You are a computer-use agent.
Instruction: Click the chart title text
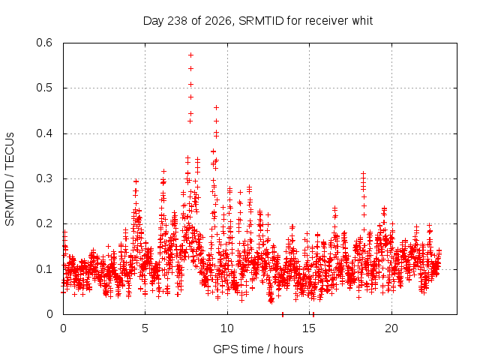click(x=258, y=21)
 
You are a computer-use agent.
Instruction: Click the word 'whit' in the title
click(x=362, y=21)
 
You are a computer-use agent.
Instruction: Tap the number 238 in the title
click(x=178, y=21)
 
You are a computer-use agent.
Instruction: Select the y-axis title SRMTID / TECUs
click(x=10, y=179)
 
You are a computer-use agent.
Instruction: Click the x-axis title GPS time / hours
click(x=258, y=349)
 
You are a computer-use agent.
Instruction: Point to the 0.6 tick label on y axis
click(x=44, y=43)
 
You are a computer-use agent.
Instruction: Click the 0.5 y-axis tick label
click(x=44, y=88)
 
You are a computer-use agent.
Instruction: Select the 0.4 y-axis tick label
click(x=44, y=133)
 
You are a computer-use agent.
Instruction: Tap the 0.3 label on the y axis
click(x=44, y=178)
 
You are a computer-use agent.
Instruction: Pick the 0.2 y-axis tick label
click(x=44, y=223)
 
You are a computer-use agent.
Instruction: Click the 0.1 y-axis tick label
click(x=44, y=269)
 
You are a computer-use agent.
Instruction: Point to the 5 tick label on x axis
click(x=145, y=328)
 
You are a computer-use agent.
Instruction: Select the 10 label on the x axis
click(x=227, y=328)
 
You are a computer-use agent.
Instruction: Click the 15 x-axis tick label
click(x=309, y=328)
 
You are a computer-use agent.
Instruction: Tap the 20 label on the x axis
click(x=391, y=328)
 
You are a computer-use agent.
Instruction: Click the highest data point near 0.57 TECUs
click(x=190, y=55)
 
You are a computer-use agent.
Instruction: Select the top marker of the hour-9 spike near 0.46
click(x=216, y=107)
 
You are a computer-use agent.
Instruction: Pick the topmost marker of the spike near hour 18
click(x=363, y=173)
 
